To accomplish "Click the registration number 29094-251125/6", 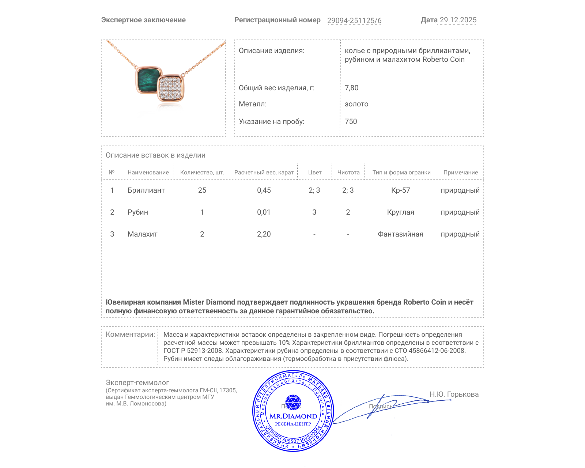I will pos(354,20).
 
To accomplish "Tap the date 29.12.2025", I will pos(458,20).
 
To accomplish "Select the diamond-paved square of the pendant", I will pos(171,88).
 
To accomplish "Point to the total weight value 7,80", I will pos(351,88).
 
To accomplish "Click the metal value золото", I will pos(356,104).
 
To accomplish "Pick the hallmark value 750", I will pos(351,121).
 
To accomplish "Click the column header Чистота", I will pos(348,172).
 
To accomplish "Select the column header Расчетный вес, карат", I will pos(264,172).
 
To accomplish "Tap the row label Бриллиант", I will pos(146,190).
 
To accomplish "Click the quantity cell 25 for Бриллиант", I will pos(202,190).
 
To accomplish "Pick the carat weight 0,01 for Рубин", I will pos(264,212).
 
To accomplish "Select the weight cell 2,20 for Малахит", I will pos(264,234).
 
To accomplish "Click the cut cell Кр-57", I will pos(400,190).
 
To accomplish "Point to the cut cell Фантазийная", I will pos(400,234).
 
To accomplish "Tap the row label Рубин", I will pos(137,212).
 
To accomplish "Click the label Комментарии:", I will pos(130,334).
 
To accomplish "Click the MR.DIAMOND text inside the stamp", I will pos(293,416).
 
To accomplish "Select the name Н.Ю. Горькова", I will pos(454,394).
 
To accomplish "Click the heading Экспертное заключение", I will pos(143,20).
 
